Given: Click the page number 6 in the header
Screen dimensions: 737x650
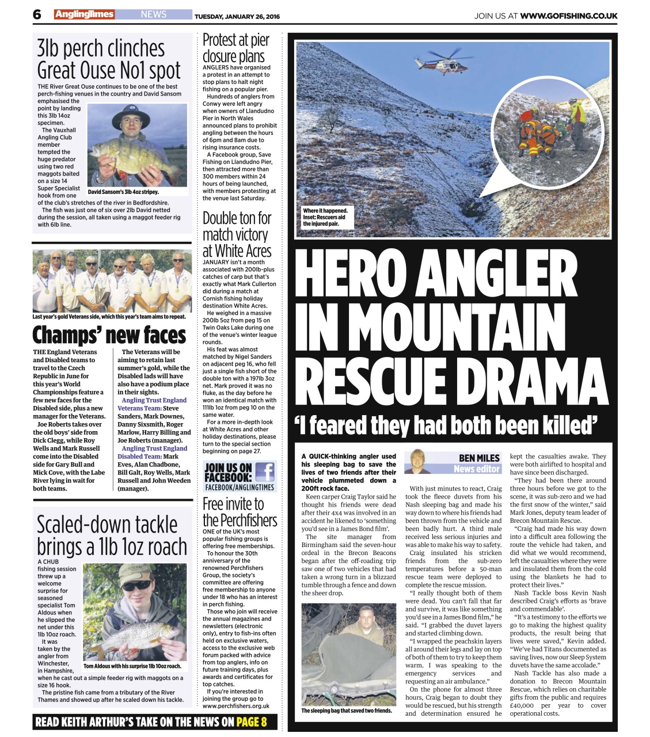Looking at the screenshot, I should pos(37,14).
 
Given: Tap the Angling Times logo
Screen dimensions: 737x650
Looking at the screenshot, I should pos(85,14).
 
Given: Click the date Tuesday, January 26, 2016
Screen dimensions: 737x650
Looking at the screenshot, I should pos(237,16).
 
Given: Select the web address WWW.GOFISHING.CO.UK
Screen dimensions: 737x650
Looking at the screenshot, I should pos(568,16).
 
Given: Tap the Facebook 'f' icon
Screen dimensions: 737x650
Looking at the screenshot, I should pos(264,473).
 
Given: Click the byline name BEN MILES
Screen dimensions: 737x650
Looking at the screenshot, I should pos(479,458).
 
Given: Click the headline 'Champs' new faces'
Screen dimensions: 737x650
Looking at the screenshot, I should pos(109,335).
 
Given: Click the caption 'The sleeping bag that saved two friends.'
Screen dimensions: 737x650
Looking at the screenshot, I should pos(347,711).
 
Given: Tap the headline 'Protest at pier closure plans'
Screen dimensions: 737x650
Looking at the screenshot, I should pos(236,48).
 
